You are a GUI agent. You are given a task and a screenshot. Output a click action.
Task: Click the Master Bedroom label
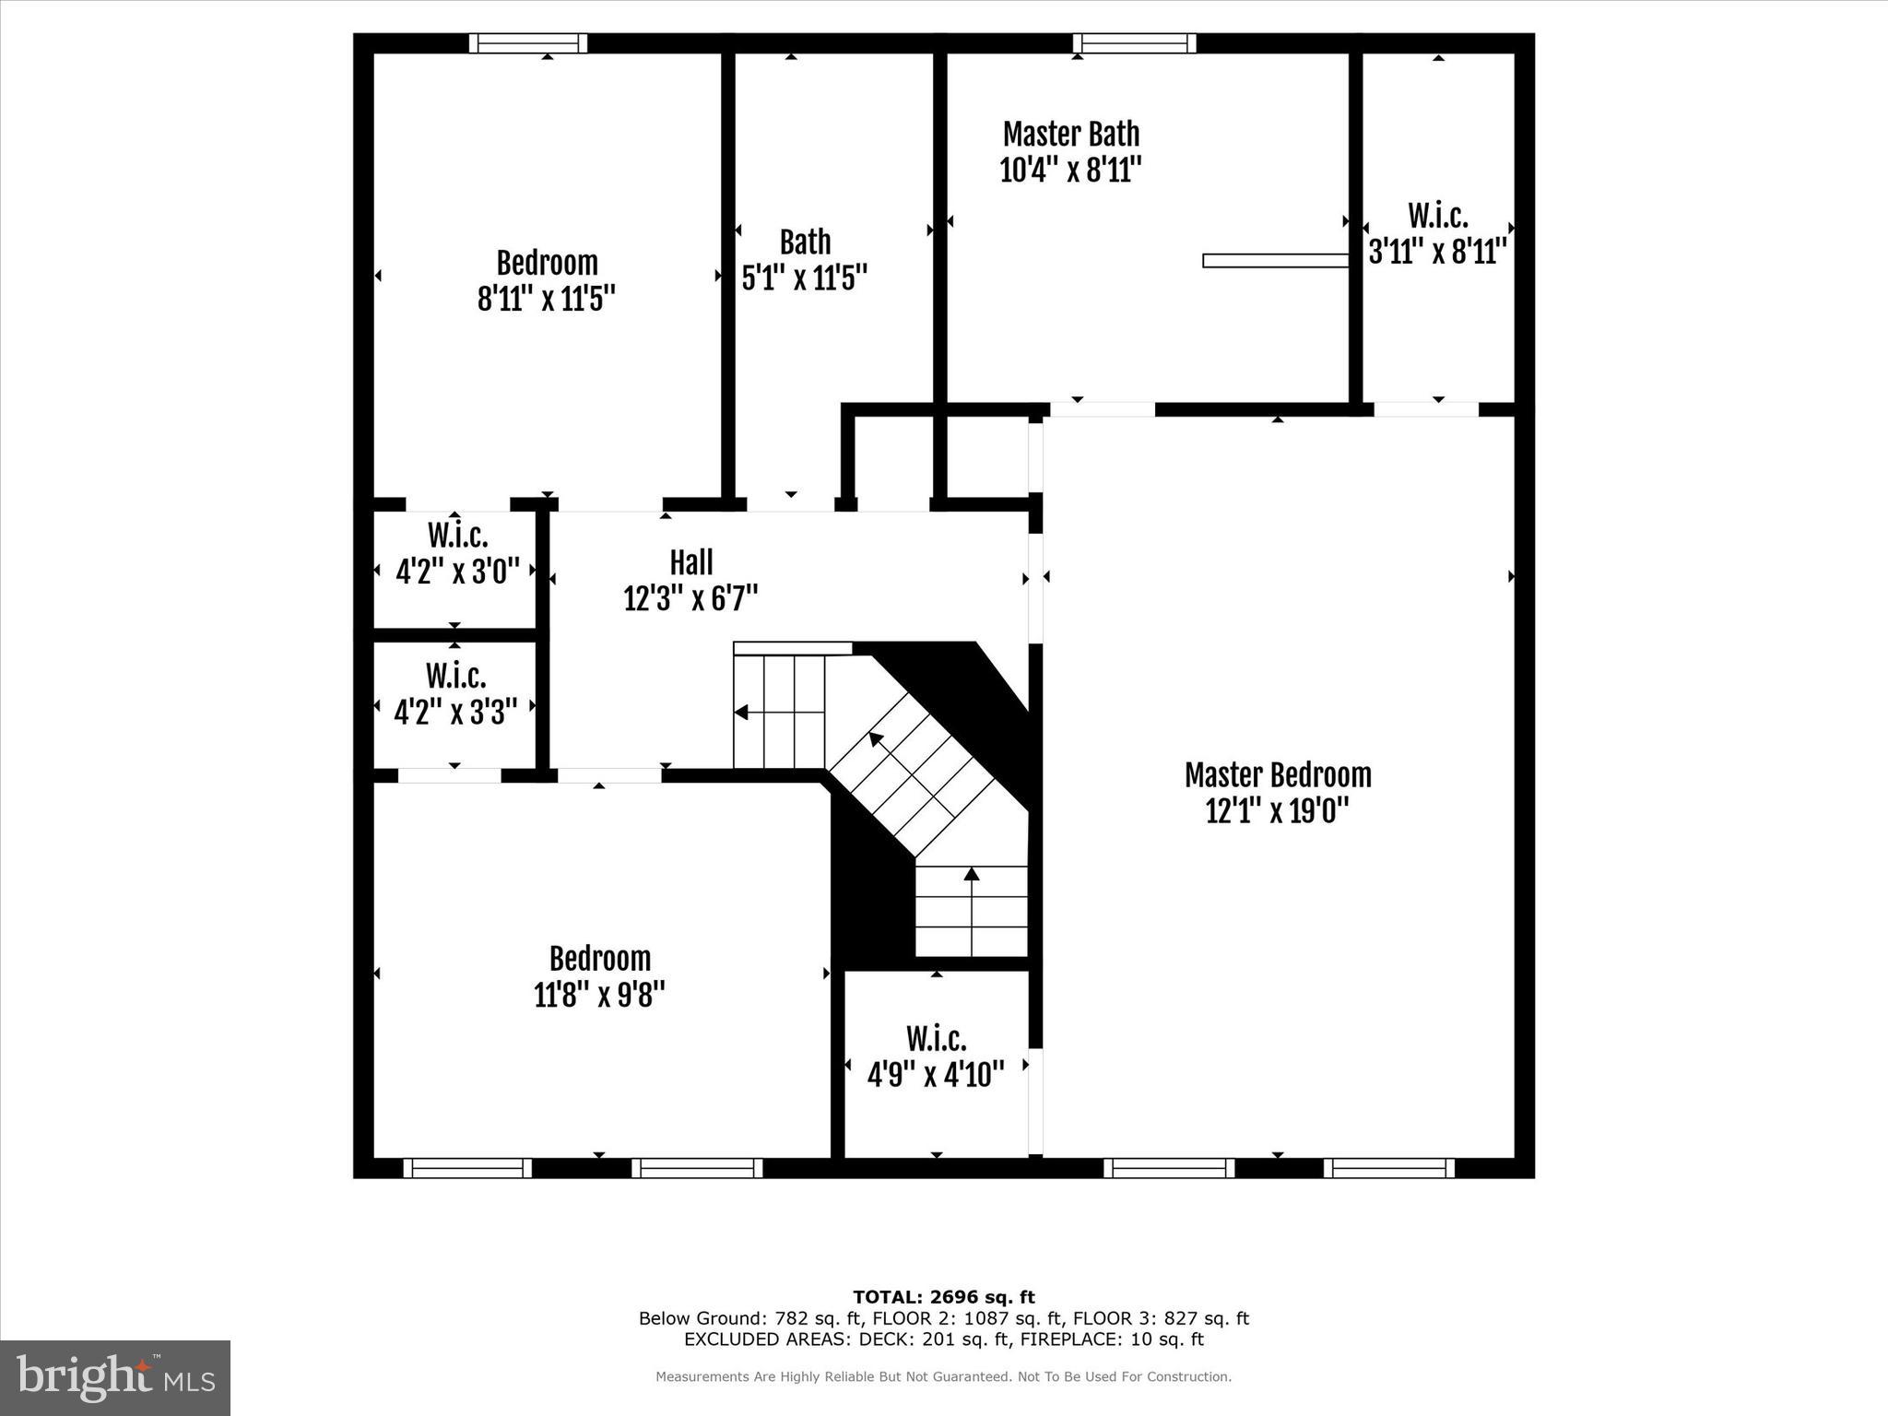click(x=1278, y=775)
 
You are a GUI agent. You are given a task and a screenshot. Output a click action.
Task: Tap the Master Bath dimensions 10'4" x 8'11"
click(x=1071, y=171)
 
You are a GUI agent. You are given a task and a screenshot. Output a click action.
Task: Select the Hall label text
click(x=690, y=562)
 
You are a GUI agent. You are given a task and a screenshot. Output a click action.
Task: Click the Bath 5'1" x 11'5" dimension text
click(x=805, y=277)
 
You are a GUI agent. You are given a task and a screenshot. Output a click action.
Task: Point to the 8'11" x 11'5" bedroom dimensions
click(x=547, y=299)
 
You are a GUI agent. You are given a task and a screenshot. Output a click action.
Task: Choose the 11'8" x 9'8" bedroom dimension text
click(x=599, y=995)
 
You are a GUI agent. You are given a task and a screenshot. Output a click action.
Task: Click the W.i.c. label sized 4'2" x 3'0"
click(x=457, y=536)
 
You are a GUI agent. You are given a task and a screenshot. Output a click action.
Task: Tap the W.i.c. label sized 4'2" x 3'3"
click(x=455, y=676)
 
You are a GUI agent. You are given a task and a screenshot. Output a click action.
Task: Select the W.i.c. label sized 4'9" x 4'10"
click(x=936, y=1039)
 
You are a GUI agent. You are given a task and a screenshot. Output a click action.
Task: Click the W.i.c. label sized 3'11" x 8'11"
click(x=1437, y=216)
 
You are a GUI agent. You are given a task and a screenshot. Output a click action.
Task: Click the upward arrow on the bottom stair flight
click(x=972, y=874)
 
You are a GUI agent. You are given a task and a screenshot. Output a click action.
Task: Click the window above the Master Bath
click(x=1135, y=43)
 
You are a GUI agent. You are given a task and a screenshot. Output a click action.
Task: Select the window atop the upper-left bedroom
click(x=528, y=43)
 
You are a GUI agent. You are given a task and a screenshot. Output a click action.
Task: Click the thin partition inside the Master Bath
click(x=1276, y=261)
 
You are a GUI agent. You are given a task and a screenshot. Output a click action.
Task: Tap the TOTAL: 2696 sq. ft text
click(x=943, y=1297)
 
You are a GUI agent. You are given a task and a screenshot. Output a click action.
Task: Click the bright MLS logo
click(x=115, y=1377)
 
